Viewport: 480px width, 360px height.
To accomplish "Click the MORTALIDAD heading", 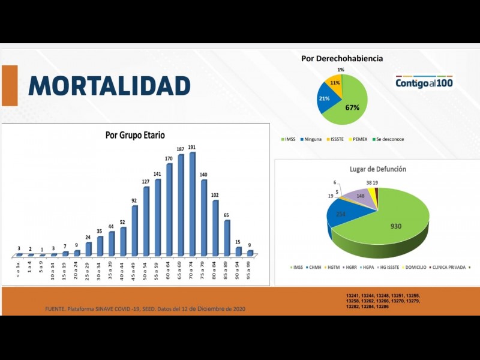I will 109,86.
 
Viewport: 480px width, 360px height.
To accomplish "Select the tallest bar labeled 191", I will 193,204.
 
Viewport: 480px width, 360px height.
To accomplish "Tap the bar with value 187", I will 181,205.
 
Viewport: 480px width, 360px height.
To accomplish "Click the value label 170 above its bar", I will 169,158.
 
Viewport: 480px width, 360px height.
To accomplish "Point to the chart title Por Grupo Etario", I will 135,136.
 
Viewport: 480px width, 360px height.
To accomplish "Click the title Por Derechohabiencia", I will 342,59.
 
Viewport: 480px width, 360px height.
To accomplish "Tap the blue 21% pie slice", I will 326,99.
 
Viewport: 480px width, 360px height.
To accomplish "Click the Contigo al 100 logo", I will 424,83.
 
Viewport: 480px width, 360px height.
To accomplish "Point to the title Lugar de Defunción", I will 378,169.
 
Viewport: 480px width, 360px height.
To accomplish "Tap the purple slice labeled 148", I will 361,196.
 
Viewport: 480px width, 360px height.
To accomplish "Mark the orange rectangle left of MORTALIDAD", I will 10,85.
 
